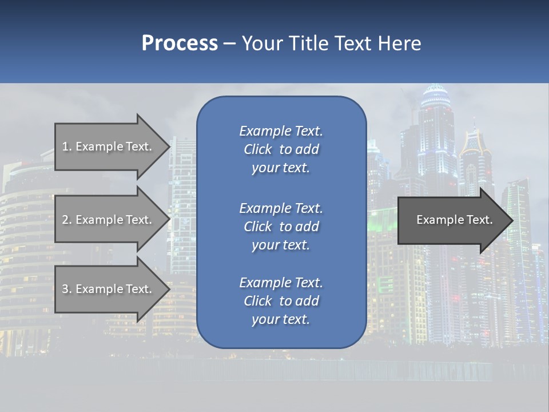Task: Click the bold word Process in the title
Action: pos(180,43)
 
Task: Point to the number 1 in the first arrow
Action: pos(66,146)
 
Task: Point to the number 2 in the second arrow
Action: pos(66,220)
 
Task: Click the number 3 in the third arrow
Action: pos(66,289)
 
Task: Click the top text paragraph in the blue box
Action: pos(281,149)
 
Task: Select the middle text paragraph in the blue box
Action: pos(281,226)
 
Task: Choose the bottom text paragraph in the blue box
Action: pos(281,301)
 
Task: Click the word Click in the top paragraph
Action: pos(258,149)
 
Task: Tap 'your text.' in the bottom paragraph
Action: pos(281,319)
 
